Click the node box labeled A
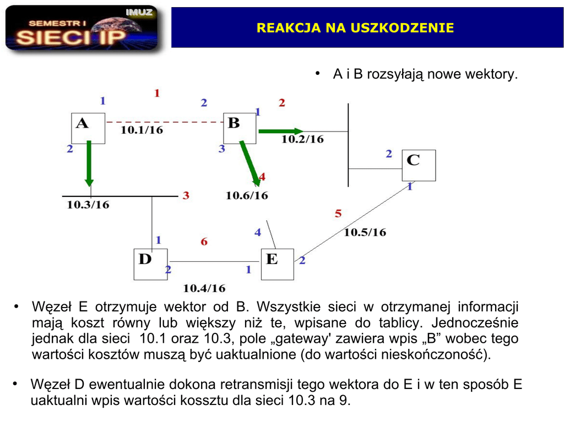click(x=88, y=128)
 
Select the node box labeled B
click(x=240, y=128)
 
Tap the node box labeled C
click(x=419, y=165)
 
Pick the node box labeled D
click(x=151, y=264)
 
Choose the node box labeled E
click(x=277, y=264)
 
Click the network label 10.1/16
click(x=142, y=130)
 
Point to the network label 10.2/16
click(x=302, y=139)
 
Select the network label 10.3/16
click(x=88, y=205)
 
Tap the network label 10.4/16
click(x=204, y=288)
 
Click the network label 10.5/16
click(x=365, y=232)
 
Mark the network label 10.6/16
click(x=247, y=195)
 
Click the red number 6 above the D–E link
click(x=204, y=242)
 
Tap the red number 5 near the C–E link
click(x=338, y=213)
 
